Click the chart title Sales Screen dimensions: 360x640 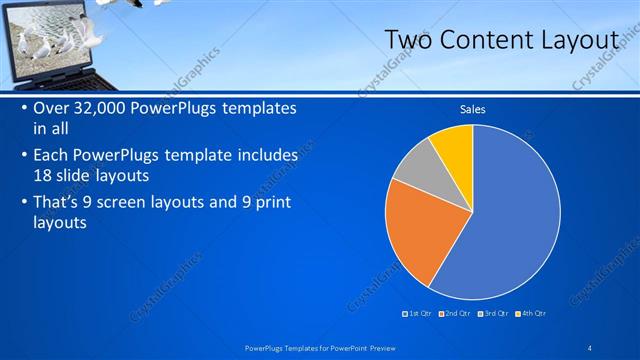pos(472,110)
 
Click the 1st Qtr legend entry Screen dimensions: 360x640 pos(419,314)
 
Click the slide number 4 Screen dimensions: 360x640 pos(591,346)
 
